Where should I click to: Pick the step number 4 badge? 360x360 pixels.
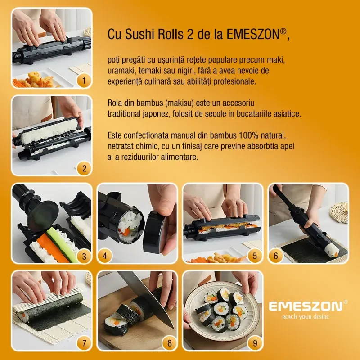click(105, 256)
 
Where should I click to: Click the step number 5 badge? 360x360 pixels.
click(255, 256)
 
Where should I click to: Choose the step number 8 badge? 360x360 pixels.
click(169, 343)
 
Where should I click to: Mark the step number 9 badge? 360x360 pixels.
click(255, 343)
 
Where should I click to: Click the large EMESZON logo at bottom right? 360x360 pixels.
click(306, 306)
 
